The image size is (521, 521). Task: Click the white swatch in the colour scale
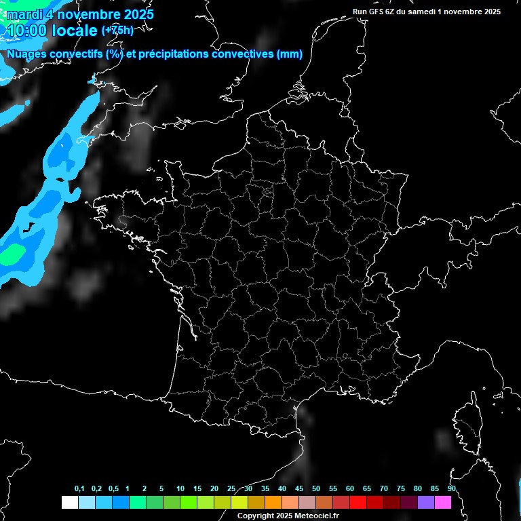point(69,502)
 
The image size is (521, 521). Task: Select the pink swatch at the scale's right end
point(442,502)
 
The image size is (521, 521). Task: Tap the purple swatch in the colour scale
point(425,502)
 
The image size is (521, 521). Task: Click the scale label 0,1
point(79,489)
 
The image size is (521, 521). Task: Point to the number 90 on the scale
point(452,489)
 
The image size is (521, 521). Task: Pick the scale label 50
point(316,489)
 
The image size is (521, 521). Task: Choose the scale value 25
point(231,489)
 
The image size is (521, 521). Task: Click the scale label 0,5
point(113,489)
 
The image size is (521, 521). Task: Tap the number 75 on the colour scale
point(401,489)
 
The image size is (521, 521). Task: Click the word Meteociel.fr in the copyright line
point(317,516)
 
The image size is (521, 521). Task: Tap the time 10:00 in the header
point(27,31)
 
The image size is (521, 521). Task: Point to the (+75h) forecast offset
point(117,31)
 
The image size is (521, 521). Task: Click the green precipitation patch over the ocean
point(12,255)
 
